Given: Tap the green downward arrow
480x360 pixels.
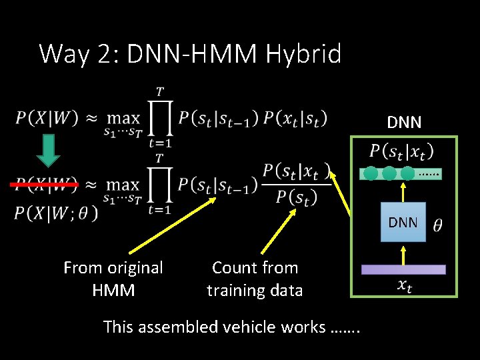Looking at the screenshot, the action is coord(47,150).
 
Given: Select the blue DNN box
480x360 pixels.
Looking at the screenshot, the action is coord(402,222).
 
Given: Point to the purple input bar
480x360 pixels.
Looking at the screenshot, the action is coord(403,269).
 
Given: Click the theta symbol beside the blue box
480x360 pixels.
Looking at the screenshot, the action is coord(437,225).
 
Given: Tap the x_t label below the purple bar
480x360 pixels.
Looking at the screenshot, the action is coord(403,285).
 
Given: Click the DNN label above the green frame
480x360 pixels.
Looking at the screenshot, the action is coord(404,122).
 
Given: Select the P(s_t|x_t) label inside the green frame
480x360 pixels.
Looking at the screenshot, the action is coord(402,151).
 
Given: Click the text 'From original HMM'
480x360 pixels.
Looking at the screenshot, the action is coord(113,279).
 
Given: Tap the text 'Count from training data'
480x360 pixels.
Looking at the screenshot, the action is coord(254,279).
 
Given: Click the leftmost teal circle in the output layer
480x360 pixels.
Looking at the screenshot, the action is coord(371,173).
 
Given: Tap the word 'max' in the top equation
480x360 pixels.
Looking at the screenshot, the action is coord(123,118).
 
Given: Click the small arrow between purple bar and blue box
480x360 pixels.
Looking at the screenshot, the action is coord(402,253).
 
